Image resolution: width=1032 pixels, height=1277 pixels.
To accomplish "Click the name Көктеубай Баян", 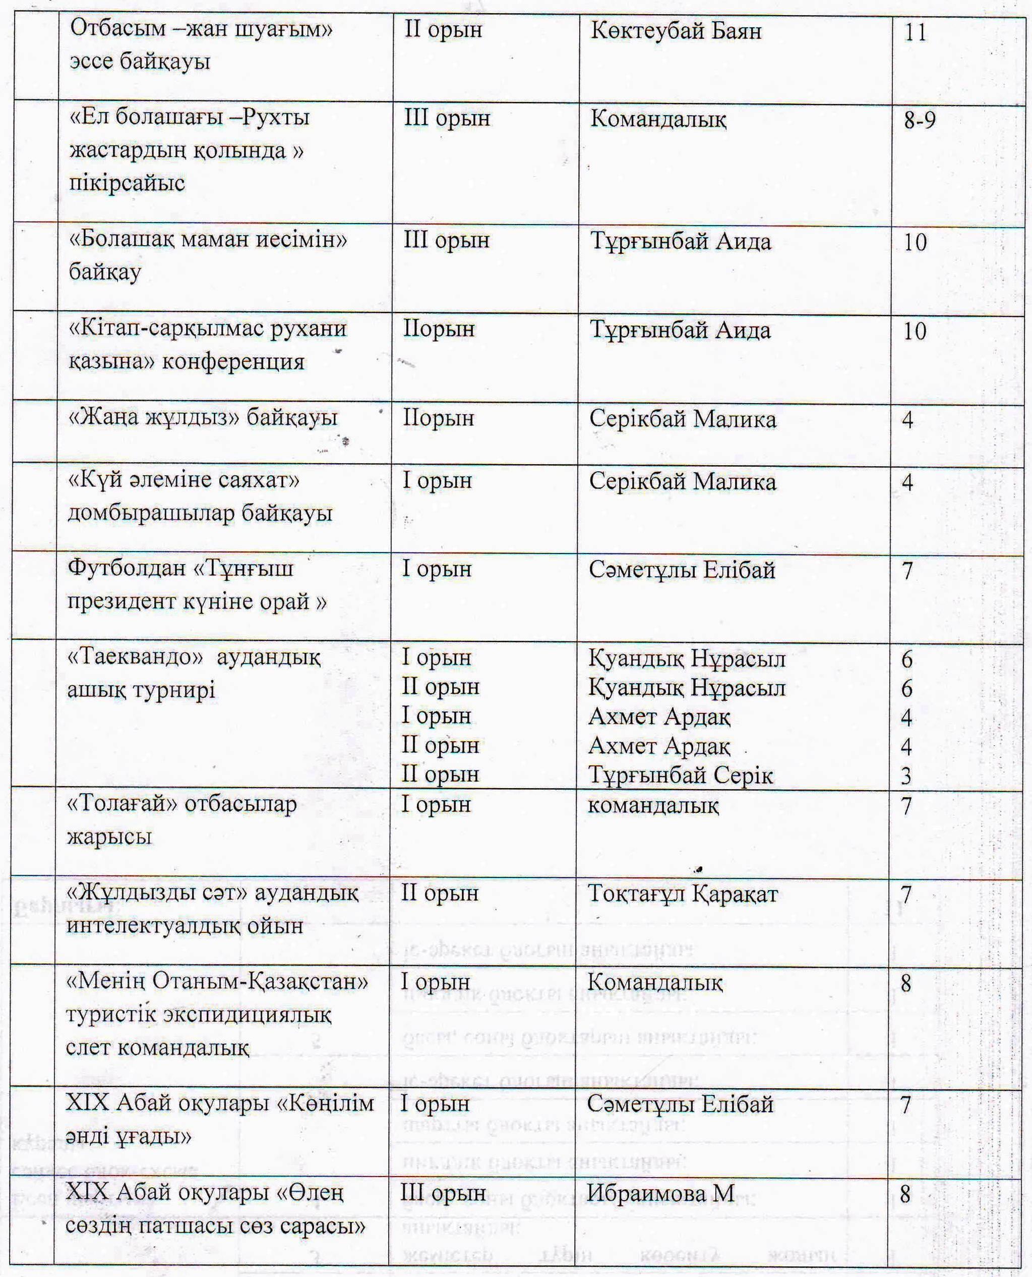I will (x=676, y=31).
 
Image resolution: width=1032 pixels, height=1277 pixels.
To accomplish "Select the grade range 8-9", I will (x=919, y=120).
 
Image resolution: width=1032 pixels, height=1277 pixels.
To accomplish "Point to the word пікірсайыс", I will (x=127, y=183).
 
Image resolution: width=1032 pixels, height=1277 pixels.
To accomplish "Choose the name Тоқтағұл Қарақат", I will (x=683, y=894).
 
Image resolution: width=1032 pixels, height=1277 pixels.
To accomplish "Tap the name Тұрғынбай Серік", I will (x=681, y=775).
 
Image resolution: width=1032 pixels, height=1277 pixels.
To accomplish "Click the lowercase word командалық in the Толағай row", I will (x=653, y=805).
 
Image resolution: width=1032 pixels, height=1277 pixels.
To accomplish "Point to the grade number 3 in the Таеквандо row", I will (x=906, y=775).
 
